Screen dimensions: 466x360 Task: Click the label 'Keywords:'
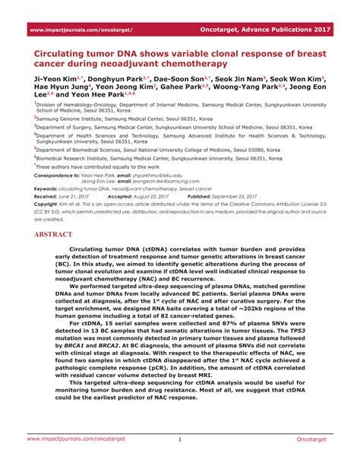click(46, 189)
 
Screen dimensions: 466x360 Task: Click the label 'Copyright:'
click(46, 205)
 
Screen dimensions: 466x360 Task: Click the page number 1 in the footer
click(180, 439)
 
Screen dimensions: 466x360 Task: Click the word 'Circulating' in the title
click(66, 56)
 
